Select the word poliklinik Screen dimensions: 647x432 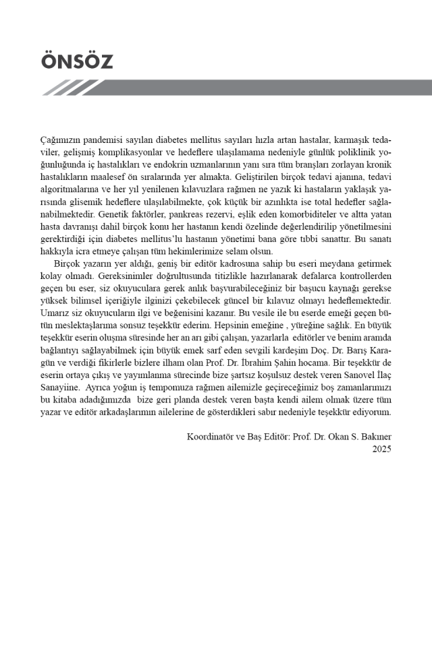[355, 153]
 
